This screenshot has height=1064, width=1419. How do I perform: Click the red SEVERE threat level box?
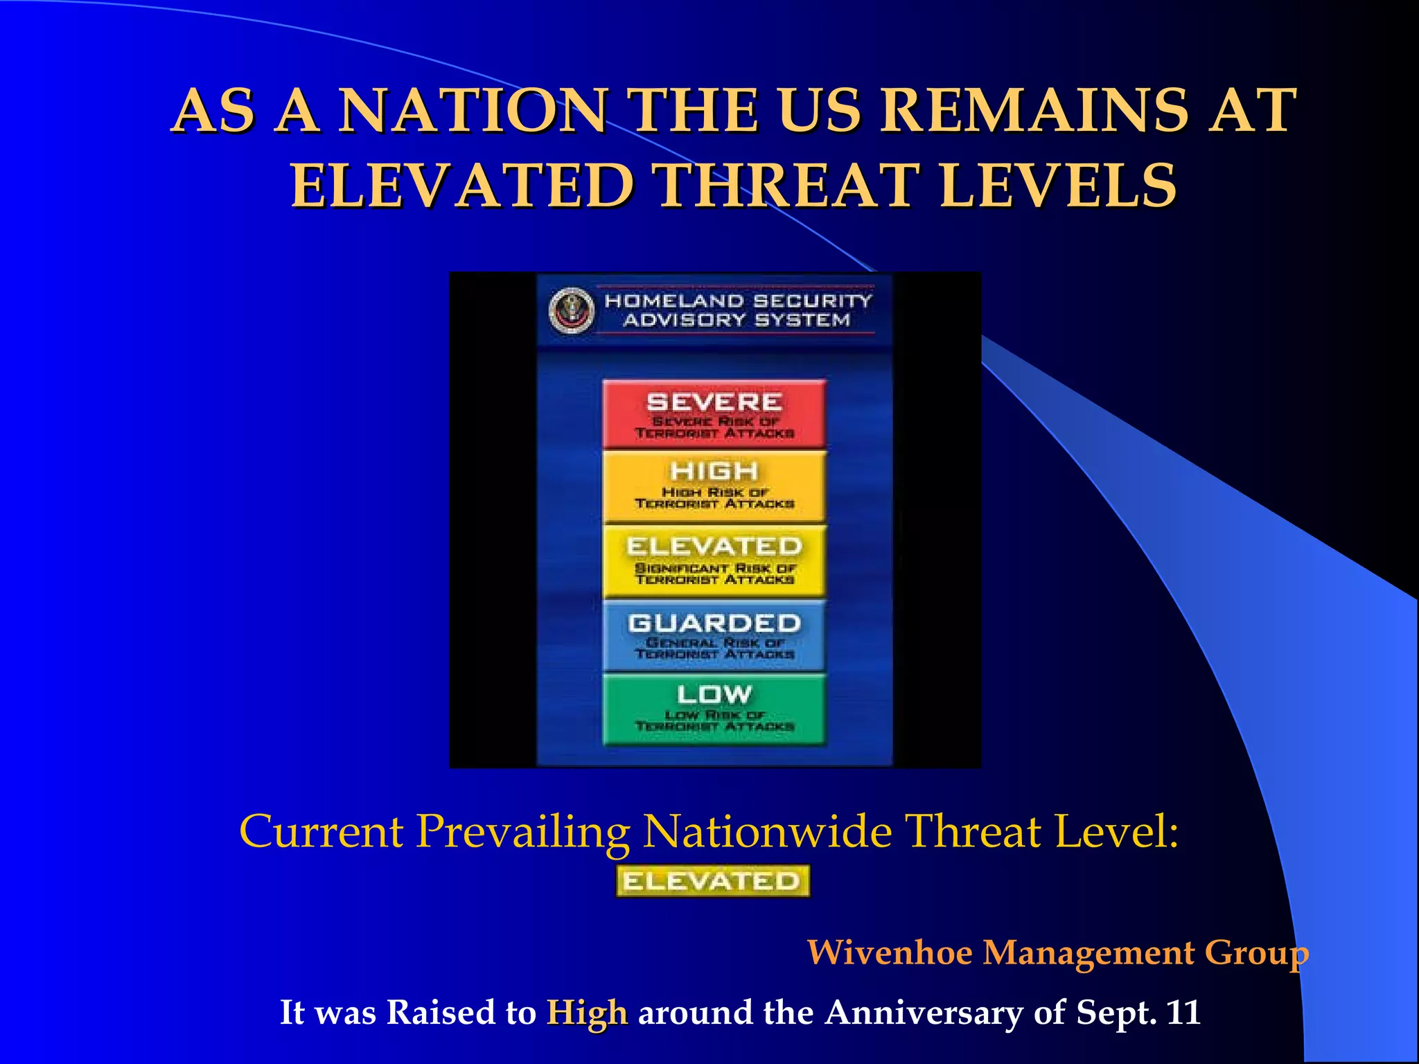pyautogui.click(x=714, y=414)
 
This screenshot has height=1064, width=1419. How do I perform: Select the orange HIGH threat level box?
pyautogui.click(x=714, y=486)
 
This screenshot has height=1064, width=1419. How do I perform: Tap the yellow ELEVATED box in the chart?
pyautogui.click(x=714, y=560)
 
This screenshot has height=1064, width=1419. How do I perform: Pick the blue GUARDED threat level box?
pyautogui.click(x=714, y=635)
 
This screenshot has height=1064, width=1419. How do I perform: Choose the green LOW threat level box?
pyautogui.click(x=714, y=709)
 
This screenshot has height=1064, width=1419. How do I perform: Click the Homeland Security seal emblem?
pyautogui.click(x=572, y=311)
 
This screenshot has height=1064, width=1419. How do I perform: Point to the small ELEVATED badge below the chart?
pyautogui.click(x=712, y=881)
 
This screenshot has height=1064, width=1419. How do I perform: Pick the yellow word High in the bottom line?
pyautogui.click(x=587, y=1012)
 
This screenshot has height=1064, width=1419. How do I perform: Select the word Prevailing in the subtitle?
pyautogui.click(x=523, y=831)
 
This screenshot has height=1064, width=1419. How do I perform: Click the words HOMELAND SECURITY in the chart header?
pyautogui.click(x=738, y=301)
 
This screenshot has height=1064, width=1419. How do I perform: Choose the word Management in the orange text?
pyautogui.click(x=1089, y=952)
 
